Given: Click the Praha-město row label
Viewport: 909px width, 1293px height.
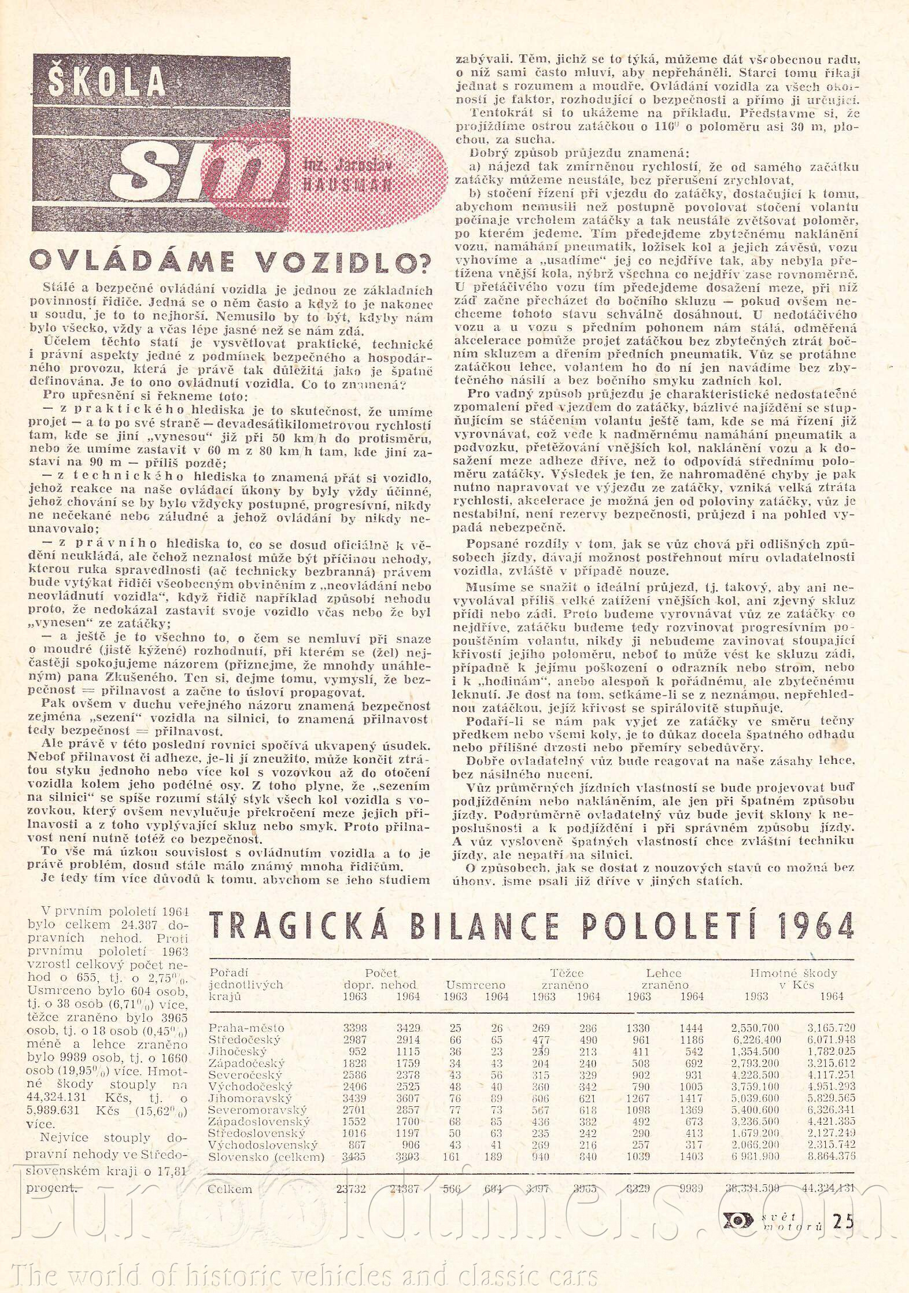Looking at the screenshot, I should point(246,1028).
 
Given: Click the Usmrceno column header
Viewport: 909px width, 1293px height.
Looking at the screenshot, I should point(475,984).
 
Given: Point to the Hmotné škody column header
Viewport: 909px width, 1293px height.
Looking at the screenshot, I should point(793,973).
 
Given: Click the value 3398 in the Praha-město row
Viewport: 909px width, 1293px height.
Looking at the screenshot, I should point(355,1028).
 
